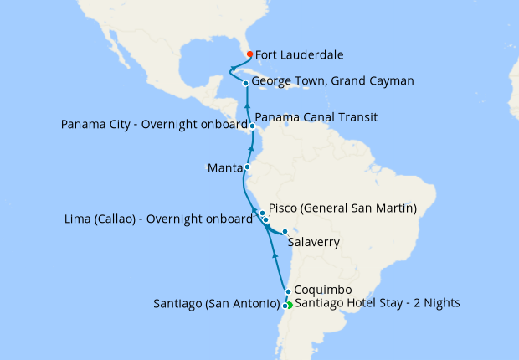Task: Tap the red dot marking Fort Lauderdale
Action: coord(249,56)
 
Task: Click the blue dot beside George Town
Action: coord(245,83)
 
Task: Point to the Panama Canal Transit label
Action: coord(316,116)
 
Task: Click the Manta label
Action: coord(224,167)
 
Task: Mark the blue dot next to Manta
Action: coord(247,167)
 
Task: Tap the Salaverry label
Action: coord(314,243)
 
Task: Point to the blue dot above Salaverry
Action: coord(285,232)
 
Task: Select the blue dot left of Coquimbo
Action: coord(288,292)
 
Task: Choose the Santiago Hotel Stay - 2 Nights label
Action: coord(378,302)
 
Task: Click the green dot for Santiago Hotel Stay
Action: coord(289,305)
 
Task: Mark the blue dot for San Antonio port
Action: coord(285,306)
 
